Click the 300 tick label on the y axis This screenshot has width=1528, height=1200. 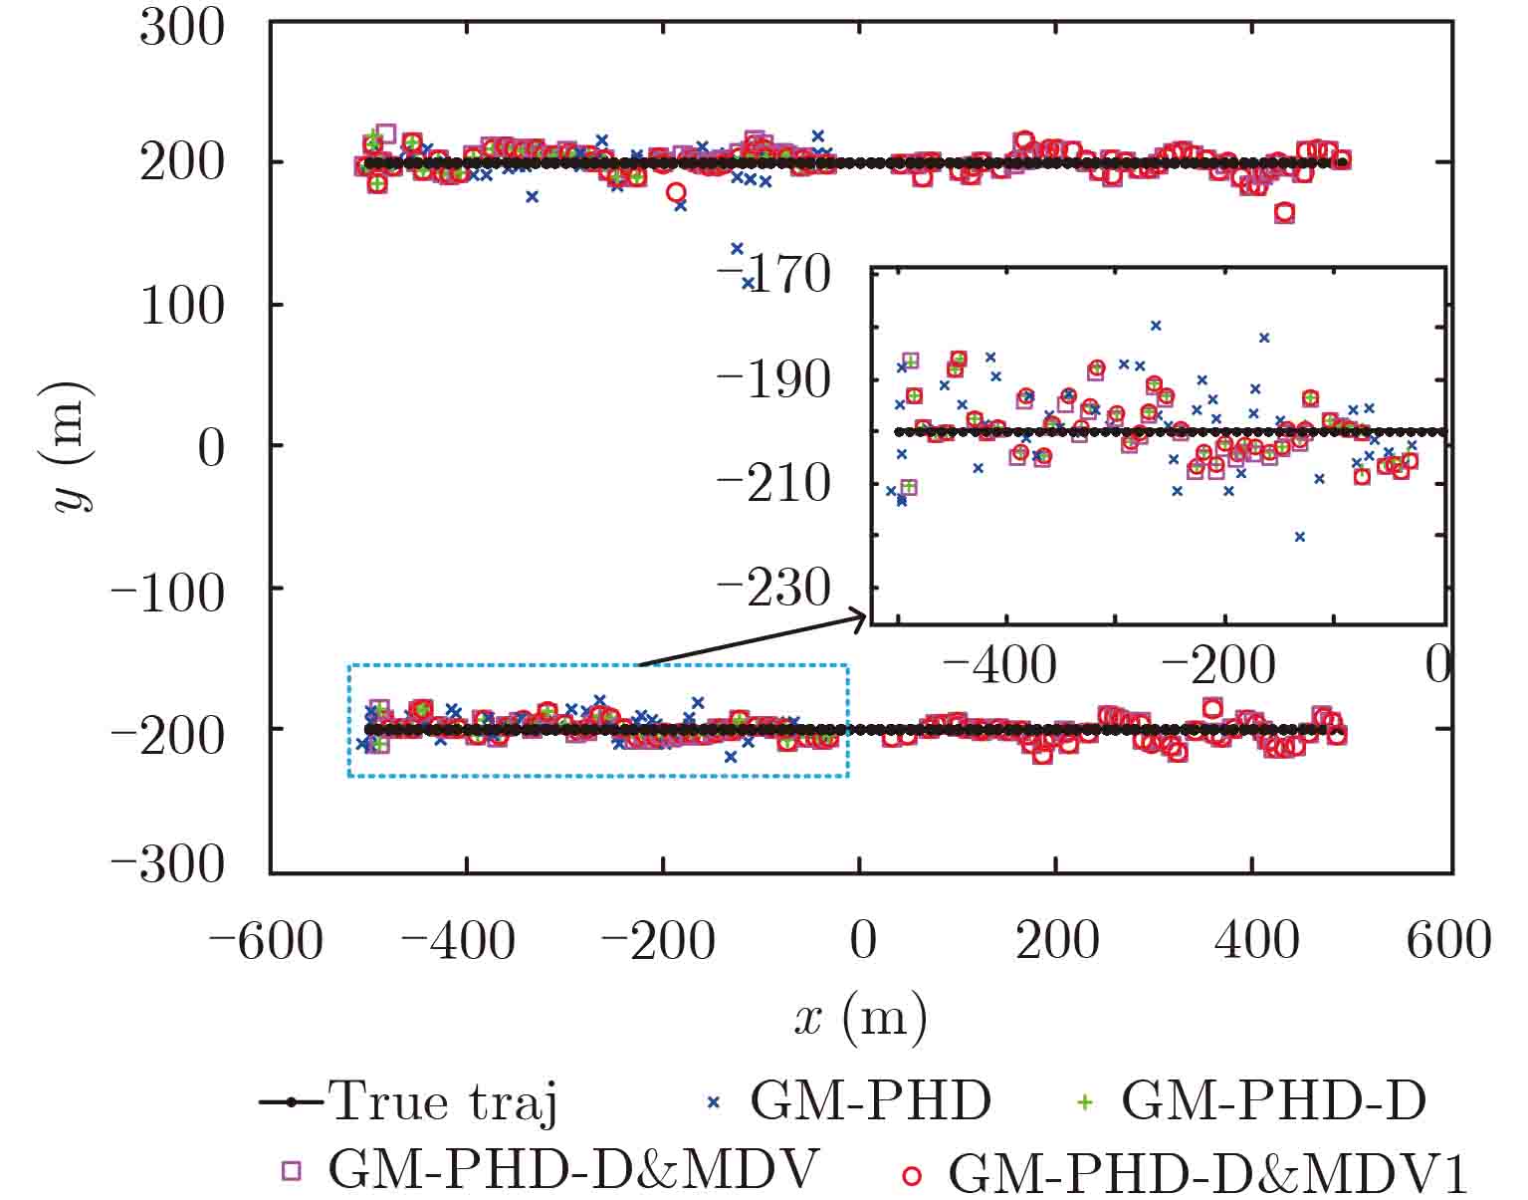[x=182, y=28]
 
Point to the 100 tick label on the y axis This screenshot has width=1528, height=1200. [x=182, y=305]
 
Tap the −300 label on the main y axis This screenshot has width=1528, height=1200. [x=167, y=865]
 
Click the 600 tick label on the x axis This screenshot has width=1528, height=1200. [x=1448, y=940]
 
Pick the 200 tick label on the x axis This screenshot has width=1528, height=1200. [x=1057, y=940]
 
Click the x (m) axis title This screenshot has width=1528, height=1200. [x=861, y=1018]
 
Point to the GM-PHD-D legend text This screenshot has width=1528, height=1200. [x=1274, y=1101]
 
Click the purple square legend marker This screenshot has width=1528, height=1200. [x=291, y=1171]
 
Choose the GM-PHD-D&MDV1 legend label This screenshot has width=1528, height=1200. [x=1208, y=1173]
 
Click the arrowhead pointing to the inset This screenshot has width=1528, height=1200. [x=860, y=617]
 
